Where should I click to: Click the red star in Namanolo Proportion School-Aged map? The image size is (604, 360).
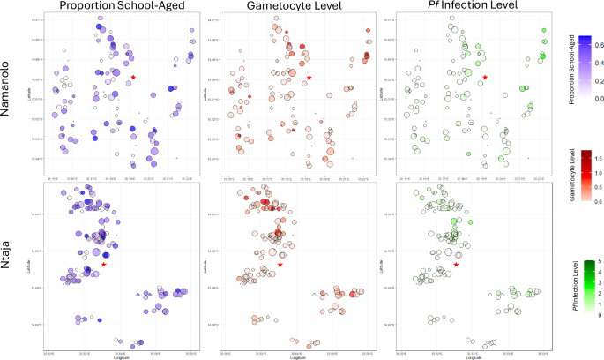[133, 78]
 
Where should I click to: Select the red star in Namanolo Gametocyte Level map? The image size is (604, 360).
[309, 78]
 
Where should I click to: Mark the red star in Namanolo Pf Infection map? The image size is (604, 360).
[485, 78]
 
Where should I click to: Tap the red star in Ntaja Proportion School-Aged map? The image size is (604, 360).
[104, 264]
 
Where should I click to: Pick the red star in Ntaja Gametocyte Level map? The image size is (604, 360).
[280, 264]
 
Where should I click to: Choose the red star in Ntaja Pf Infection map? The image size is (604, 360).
[456, 264]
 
